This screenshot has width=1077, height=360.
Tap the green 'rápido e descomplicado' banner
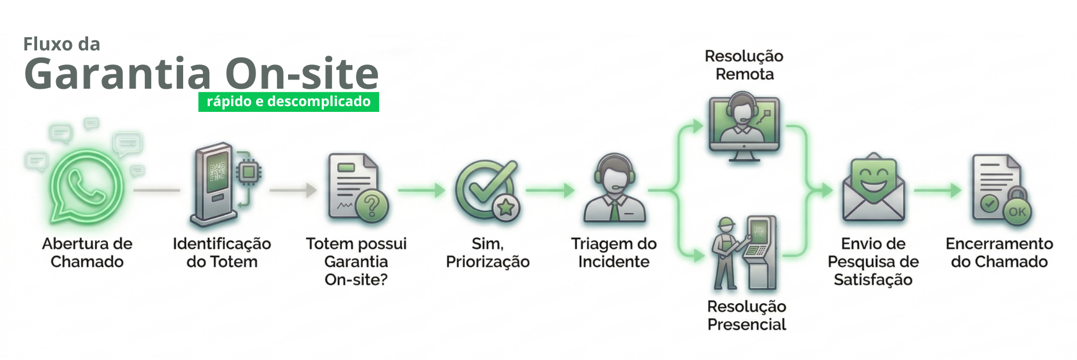point(288,101)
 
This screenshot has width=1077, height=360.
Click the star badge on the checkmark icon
point(506,208)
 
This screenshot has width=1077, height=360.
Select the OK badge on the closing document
point(1017,212)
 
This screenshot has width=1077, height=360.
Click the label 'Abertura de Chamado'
point(87,252)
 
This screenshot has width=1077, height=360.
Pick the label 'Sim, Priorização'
point(487,252)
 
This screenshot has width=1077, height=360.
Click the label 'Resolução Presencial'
point(747,315)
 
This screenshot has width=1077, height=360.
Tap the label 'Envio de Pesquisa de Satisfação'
point(873,261)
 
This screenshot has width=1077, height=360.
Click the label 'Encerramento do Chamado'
point(999,252)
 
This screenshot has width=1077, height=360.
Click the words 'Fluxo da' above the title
point(61,44)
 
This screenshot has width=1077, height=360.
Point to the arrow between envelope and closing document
point(937,190)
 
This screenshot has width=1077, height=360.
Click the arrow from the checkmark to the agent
point(550,190)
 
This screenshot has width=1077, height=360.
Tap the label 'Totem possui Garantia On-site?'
point(356,261)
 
